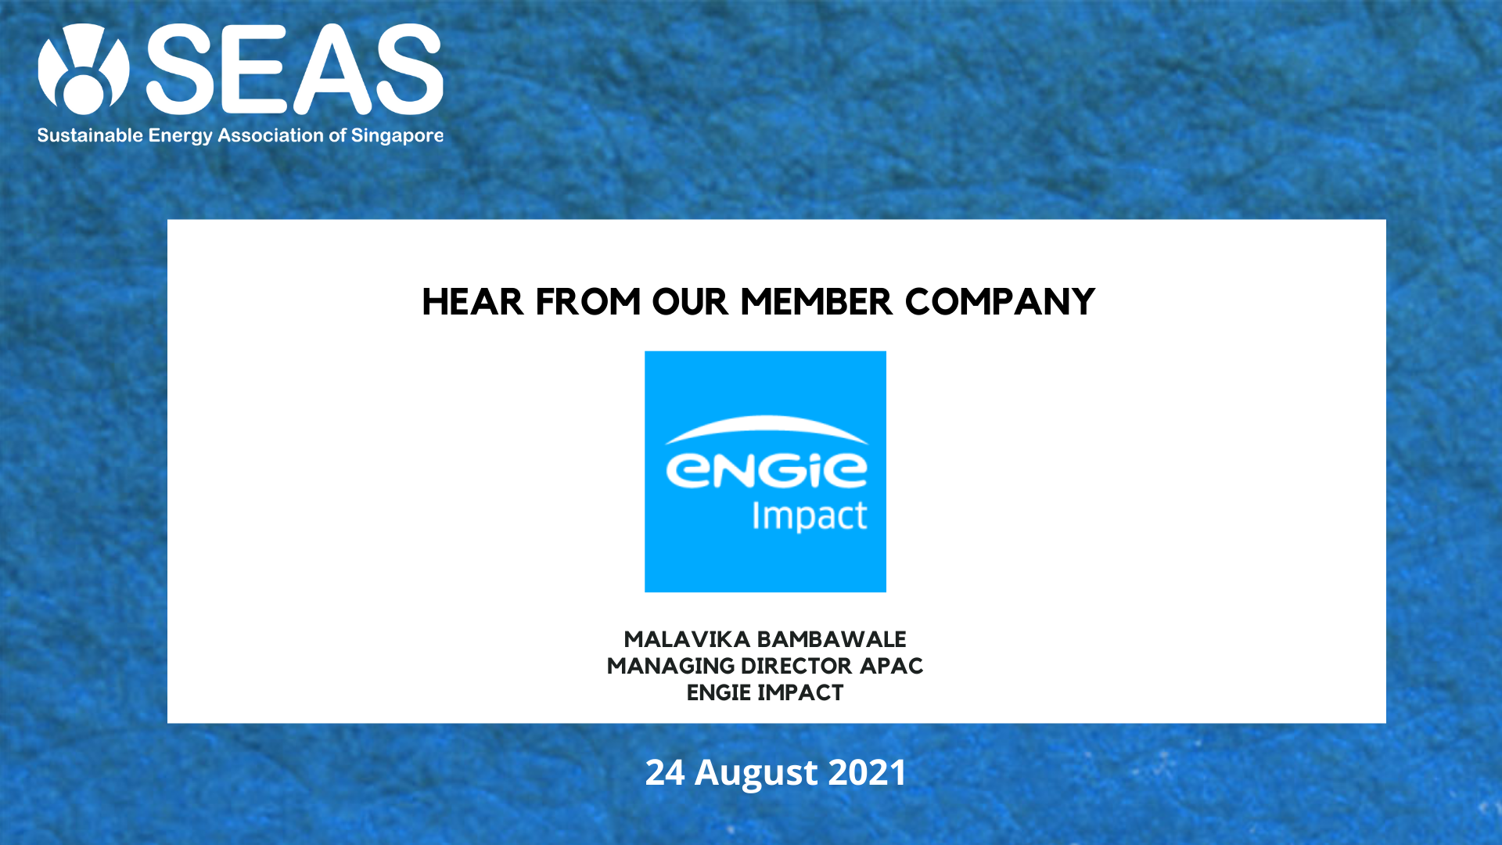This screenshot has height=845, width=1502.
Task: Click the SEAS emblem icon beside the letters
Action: click(84, 69)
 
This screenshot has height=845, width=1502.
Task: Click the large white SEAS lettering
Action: click(295, 69)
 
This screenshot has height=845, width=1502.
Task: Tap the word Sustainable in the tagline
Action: click(90, 135)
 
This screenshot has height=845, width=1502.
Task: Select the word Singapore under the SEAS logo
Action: click(397, 136)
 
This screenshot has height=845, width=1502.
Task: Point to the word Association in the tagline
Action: click(271, 135)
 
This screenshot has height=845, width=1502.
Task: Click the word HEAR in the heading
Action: click(473, 302)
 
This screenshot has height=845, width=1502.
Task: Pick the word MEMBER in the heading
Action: click(816, 302)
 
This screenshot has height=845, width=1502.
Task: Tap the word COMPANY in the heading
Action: click(1000, 302)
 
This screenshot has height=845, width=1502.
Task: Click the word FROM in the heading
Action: click(588, 302)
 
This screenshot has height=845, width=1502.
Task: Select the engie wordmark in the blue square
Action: click(766, 470)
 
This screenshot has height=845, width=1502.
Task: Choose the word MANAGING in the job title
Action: click(670, 666)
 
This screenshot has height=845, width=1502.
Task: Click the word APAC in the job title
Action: click(891, 666)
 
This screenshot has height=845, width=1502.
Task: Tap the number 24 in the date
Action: click(665, 772)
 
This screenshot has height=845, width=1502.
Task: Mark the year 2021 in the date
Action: click(867, 772)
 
